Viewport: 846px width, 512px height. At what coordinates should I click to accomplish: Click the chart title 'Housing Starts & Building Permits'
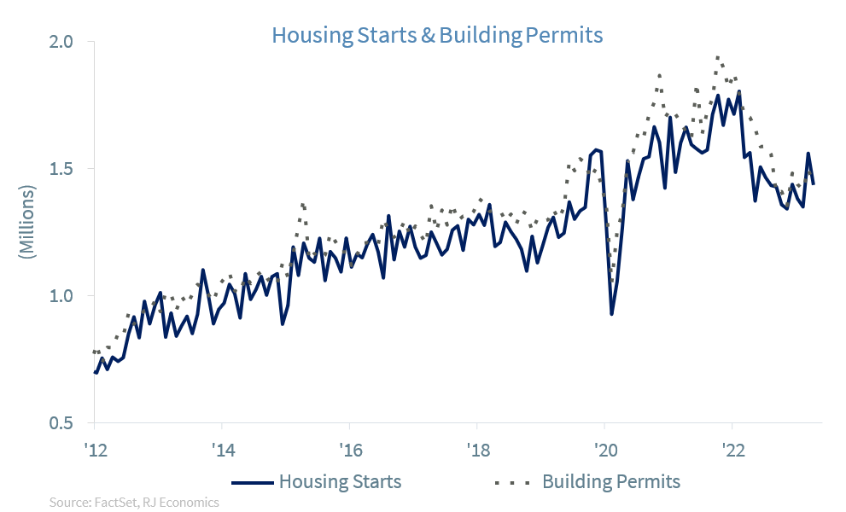(437, 35)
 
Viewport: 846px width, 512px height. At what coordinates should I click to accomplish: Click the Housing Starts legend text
(340, 481)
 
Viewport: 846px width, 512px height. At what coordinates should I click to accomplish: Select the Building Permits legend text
(611, 481)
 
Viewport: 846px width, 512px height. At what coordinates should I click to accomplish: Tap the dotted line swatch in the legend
(512, 482)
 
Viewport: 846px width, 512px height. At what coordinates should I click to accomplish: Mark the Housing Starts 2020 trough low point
(611, 314)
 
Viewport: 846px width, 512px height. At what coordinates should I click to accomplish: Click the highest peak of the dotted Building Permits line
(718, 57)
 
